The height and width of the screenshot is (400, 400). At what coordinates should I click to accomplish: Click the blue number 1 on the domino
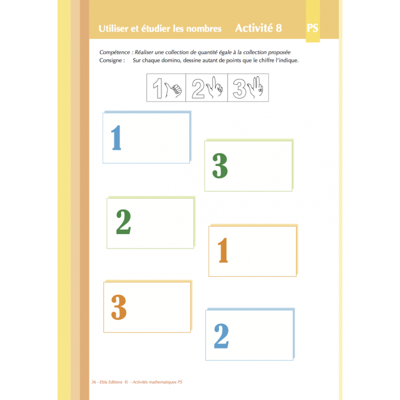(116, 137)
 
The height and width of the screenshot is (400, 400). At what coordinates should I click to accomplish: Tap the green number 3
(220, 166)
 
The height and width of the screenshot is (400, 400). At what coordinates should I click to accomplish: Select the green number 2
(123, 222)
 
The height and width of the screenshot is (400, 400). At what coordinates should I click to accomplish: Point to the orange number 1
(223, 250)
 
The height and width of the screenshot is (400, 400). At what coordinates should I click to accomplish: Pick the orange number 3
(119, 307)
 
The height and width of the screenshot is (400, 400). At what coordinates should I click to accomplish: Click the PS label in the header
(312, 28)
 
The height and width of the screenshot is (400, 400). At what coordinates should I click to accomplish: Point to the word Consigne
(112, 60)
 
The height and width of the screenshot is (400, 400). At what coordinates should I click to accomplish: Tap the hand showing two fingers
(216, 87)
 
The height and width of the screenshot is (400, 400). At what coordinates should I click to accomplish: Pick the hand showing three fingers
(256, 87)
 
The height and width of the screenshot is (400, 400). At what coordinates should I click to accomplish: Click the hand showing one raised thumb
(175, 90)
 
